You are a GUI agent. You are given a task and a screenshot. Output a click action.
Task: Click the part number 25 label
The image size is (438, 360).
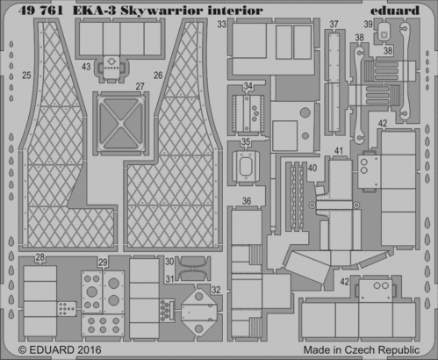pos(26,76)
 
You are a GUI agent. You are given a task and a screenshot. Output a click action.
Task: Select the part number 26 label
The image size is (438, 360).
pos(158,76)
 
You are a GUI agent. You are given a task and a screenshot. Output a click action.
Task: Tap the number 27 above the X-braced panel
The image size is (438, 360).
pos(140,86)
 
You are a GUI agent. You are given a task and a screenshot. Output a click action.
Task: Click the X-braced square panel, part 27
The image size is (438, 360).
pos(119,123)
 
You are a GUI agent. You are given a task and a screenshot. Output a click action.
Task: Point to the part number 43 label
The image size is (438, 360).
pos(86,67)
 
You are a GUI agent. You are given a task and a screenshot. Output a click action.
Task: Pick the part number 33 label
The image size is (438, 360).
pos(222,24)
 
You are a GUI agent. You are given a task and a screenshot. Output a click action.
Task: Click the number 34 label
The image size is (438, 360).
pos(248,86)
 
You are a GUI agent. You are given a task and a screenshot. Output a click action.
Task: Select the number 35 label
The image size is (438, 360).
pos(246,142)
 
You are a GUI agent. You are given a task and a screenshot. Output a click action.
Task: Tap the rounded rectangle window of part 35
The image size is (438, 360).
pos(246,166)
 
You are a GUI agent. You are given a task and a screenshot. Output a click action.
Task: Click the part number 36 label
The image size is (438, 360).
pos(247,201)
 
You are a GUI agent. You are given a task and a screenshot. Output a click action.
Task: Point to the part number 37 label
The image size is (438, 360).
pos(334,24)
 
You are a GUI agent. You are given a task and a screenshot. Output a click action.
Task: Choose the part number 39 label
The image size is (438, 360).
pos(369,24)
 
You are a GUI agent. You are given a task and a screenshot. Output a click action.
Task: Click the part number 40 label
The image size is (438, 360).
pos(312,168)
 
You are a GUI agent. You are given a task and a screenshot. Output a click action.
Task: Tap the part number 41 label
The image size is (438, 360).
pos(339,151)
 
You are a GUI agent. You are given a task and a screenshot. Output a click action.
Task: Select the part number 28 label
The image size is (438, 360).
pos(39,257)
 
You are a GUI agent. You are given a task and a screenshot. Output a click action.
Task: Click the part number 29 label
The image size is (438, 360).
pos(103,263)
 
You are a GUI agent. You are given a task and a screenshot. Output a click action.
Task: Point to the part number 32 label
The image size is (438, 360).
pos(216,290)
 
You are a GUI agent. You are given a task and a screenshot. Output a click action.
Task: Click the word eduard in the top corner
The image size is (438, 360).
pos(395,11)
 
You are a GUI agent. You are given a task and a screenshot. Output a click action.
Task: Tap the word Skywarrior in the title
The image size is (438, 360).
pos(162,11)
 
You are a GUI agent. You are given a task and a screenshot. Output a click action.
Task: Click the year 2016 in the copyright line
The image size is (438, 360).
pos(90,350)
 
